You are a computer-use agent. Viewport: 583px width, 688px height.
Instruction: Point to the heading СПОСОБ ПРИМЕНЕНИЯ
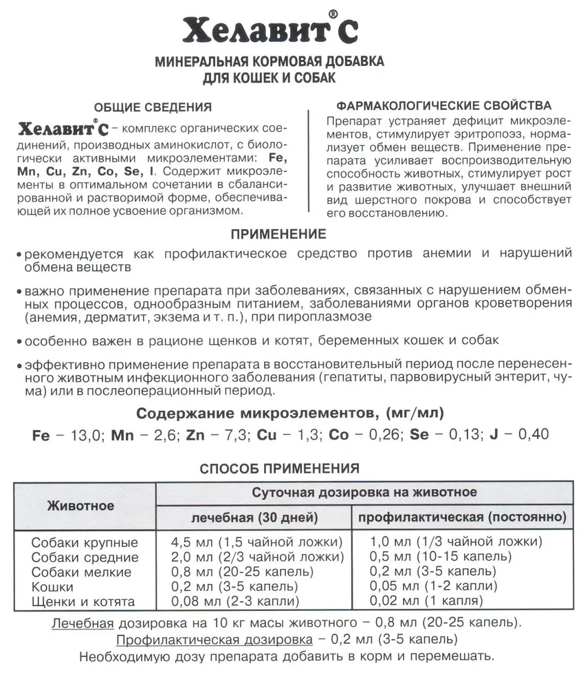pyautogui.click(x=279, y=469)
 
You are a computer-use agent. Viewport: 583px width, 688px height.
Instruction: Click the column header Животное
pyautogui.click(x=81, y=506)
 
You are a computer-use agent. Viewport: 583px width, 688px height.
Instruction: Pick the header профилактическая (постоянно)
pyautogui.click(x=463, y=516)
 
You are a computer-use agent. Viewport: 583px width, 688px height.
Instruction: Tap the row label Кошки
pyautogui.click(x=52, y=587)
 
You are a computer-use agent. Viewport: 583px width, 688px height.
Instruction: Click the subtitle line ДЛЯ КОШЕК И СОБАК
pyautogui.click(x=278, y=78)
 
